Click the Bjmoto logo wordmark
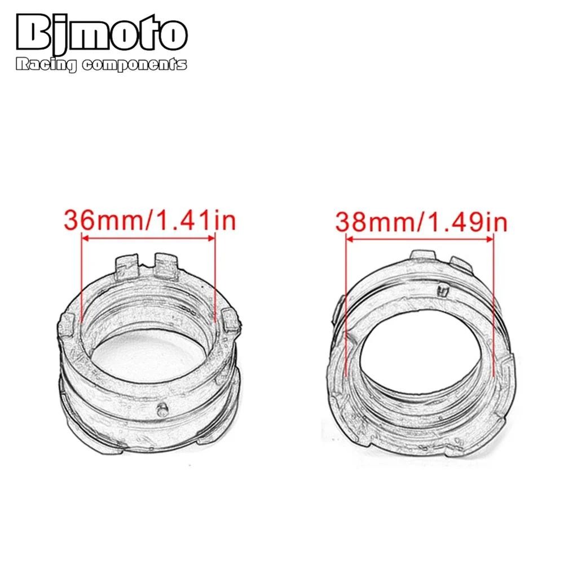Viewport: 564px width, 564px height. click(x=102, y=33)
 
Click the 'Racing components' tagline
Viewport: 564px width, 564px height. click(x=102, y=64)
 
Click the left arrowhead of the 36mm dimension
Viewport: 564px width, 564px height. click(x=85, y=238)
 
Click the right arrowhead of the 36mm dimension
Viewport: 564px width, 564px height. click(x=211, y=238)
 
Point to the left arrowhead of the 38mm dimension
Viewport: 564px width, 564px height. click(x=349, y=239)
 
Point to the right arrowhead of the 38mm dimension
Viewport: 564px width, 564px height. click(x=490, y=239)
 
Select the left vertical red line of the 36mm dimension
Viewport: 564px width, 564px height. click(x=82, y=277)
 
